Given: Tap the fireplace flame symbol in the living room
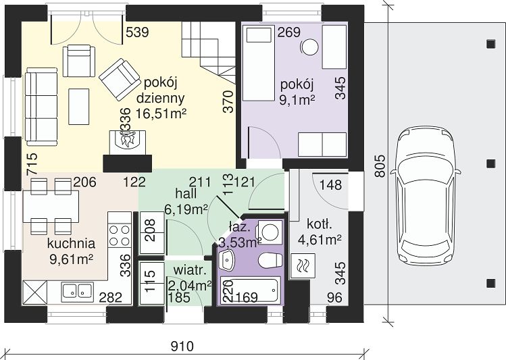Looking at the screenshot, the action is [128, 140].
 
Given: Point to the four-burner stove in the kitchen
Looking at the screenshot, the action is [120, 236].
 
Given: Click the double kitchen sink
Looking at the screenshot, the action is [77, 290].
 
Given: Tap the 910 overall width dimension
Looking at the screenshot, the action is [182, 346].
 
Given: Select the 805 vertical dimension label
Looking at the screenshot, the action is [381, 166].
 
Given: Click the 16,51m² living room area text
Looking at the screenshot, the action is [161, 113].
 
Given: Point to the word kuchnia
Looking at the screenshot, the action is [71, 244].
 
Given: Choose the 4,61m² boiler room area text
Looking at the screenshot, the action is [320, 240].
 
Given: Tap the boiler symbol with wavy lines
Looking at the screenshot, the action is [303, 265].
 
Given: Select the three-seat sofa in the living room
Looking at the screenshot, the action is [41, 107].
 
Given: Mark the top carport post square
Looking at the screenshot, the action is [491, 43].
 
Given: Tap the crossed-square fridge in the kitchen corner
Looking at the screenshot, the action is [34, 292].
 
